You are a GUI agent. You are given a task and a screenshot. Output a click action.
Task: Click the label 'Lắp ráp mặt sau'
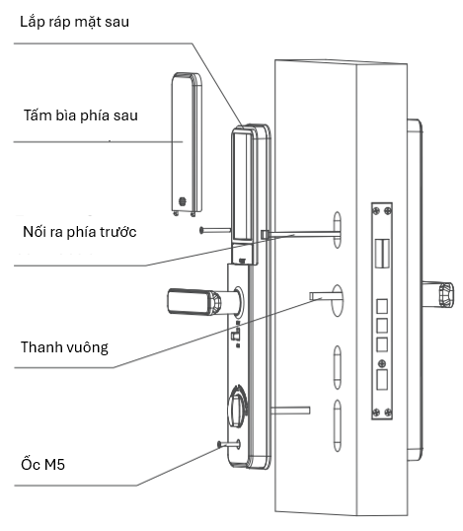tap(74, 22)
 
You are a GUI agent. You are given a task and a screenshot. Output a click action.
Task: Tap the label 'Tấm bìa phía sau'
tap(81, 115)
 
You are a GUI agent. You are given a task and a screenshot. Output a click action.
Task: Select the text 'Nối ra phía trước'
tap(80, 232)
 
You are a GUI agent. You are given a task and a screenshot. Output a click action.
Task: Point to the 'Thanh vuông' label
tap(64, 347)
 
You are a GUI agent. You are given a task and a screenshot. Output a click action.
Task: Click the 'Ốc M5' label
tap(42, 464)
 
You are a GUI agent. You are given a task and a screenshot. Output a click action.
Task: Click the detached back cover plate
tap(187, 144)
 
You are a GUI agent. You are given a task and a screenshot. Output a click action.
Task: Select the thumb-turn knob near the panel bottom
tap(238, 407)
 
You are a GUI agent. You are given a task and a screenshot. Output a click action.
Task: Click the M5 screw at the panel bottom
tap(229, 444)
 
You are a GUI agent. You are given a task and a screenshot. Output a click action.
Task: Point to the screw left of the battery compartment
tap(215, 230)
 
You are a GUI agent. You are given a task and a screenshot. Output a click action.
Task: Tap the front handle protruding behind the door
tap(438, 294)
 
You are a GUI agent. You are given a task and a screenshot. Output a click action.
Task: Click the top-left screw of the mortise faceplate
tap(376, 211)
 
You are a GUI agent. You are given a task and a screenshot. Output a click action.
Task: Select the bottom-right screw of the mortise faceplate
tap(388, 413)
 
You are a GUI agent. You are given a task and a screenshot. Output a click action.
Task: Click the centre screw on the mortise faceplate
tap(382, 364)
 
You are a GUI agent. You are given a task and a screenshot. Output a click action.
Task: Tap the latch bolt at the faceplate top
tap(382, 253)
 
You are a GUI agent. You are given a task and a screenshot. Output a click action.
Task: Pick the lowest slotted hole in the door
tap(338, 425)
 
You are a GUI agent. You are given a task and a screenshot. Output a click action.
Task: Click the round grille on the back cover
tap(183, 201)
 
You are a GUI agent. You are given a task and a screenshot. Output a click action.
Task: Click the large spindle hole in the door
tap(338, 301)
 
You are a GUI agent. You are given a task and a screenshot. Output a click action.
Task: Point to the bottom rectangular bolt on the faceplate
tap(382, 379)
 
